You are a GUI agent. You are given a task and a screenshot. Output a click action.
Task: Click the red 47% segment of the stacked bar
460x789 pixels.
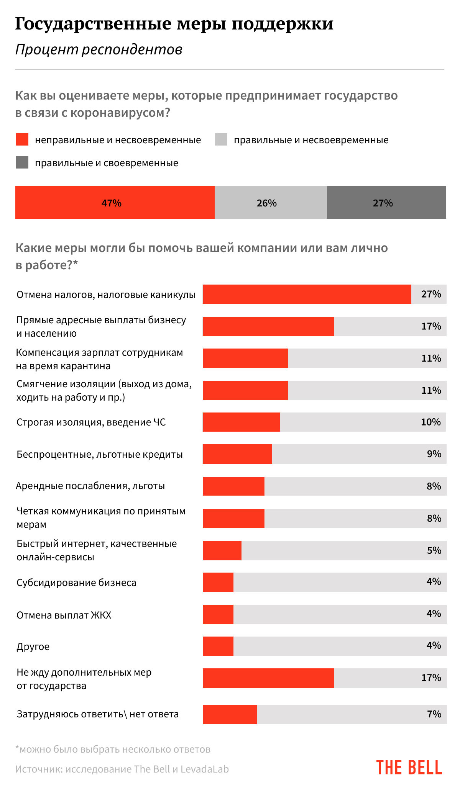[x=115, y=203]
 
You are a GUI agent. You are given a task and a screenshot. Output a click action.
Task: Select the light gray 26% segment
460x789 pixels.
[x=270, y=203]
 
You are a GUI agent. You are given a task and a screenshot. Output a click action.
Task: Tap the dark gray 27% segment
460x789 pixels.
[x=386, y=203]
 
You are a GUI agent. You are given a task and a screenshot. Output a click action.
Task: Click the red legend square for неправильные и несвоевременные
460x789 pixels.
[x=22, y=139]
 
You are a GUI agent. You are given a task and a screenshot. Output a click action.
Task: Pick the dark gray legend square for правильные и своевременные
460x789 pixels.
[x=22, y=162]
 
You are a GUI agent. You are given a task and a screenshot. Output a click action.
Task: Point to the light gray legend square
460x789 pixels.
[x=221, y=139]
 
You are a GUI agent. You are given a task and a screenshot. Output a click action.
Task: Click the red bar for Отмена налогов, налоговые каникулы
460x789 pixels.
[x=307, y=294]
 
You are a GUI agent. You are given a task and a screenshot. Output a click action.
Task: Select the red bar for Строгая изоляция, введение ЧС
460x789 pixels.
[x=242, y=422]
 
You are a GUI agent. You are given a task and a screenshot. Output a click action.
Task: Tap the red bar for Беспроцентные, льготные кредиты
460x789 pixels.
[x=237, y=454]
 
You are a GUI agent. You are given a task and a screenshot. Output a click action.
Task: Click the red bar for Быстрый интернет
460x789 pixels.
[x=222, y=550]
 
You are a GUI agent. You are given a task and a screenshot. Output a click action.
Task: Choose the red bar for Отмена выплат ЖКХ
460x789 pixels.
[x=218, y=614]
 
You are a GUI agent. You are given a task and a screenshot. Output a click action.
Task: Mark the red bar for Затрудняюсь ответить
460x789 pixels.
[x=230, y=714]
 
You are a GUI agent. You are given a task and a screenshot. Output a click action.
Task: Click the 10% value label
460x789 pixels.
[x=431, y=422]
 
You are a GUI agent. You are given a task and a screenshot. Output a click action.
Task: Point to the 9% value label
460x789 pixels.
[x=434, y=454]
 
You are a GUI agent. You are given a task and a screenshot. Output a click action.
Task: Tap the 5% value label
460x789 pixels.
[x=434, y=550]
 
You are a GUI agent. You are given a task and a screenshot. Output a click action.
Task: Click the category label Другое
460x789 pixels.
[x=33, y=647]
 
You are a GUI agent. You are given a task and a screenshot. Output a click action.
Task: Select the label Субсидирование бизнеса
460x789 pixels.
[x=76, y=583]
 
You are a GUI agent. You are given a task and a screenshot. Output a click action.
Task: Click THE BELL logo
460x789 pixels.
[x=409, y=768]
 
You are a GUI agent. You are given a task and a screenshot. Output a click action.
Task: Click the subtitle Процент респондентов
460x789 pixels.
[x=99, y=49]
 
